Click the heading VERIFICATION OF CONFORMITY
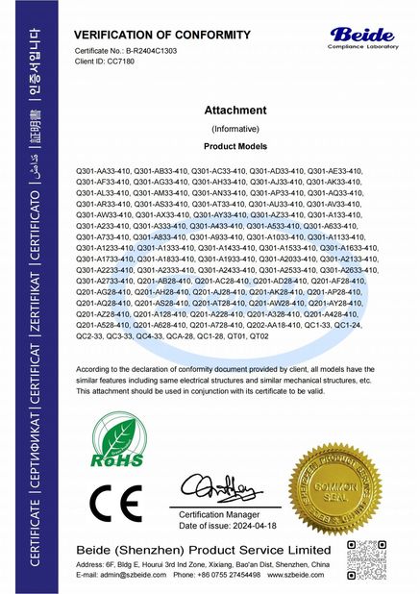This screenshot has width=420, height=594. coord(141,34)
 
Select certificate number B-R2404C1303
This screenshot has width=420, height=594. coord(150,49)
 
